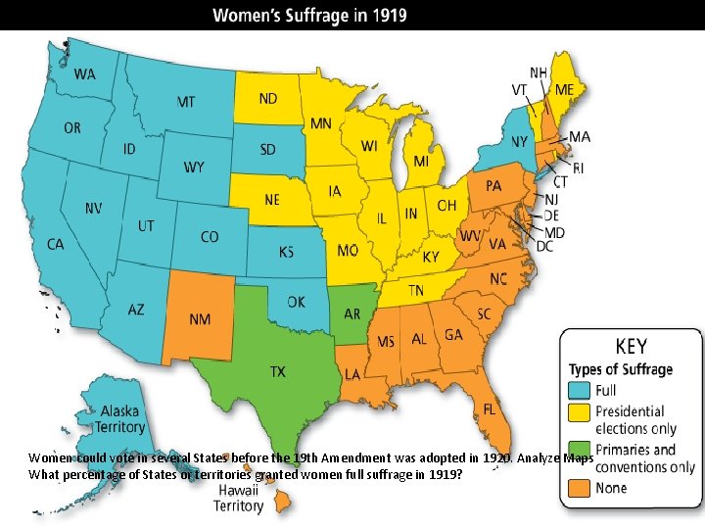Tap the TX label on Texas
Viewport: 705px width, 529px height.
(x=278, y=371)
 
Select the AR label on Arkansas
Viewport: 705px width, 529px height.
(x=352, y=313)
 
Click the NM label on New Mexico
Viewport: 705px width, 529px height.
(x=200, y=319)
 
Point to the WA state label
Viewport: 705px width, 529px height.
(x=85, y=74)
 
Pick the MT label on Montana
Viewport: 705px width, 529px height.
(x=186, y=101)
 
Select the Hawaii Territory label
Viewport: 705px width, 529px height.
(x=240, y=498)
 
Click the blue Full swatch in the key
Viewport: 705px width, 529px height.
(x=580, y=391)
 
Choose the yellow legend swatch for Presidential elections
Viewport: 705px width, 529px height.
(x=580, y=413)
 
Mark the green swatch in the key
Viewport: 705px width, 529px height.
(x=580, y=451)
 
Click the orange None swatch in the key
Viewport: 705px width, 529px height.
(x=580, y=487)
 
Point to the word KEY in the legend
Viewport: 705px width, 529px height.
(x=630, y=348)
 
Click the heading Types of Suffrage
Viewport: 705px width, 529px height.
(x=621, y=369)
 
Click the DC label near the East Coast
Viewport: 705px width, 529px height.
(x=545, y=247)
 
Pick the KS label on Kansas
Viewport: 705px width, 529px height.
(x=285, y=252)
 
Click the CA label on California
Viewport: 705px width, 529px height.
(x=55, y=244)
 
